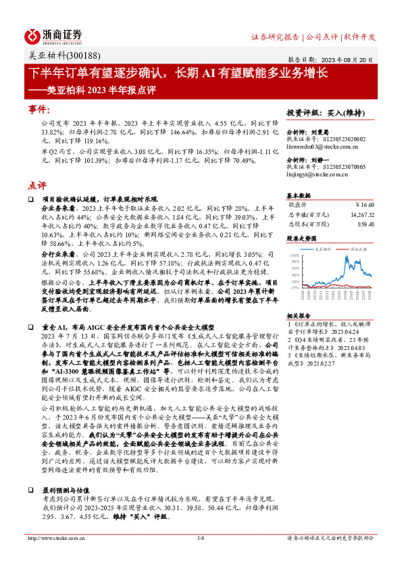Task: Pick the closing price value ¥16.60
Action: (x=364, y=205)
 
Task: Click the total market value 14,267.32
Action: (x=359, y=214)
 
